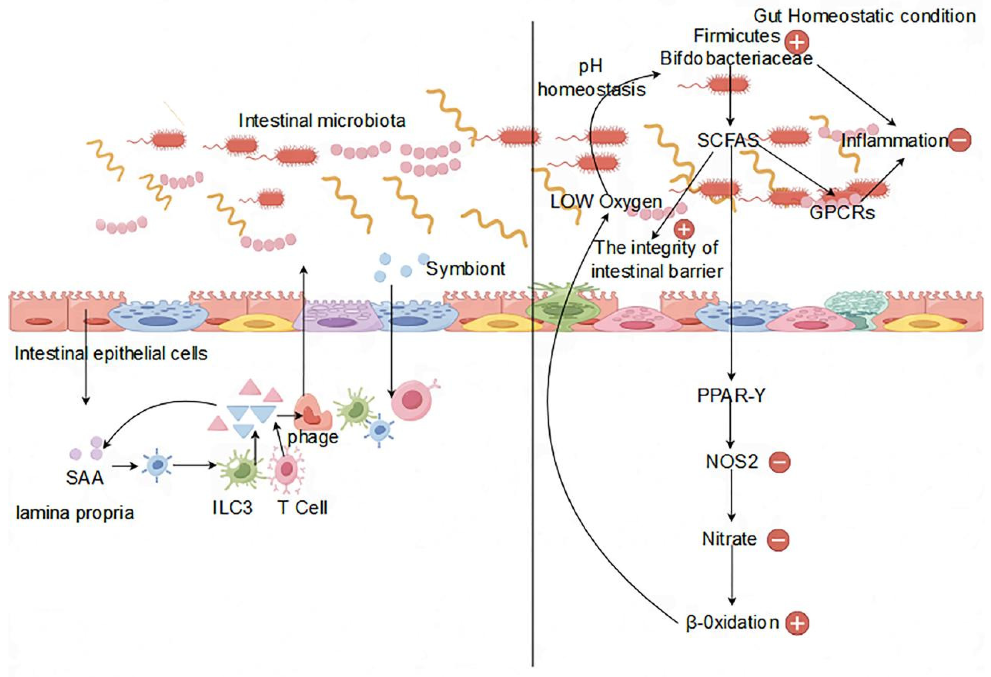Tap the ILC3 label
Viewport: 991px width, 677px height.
(232, 508)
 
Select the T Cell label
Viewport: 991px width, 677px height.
(302, 508)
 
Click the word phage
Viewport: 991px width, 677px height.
(313, 437)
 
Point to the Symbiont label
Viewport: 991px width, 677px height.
(466, 269)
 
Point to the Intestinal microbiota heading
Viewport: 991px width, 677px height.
(322, 121)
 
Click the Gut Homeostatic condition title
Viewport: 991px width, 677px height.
(865, 16)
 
